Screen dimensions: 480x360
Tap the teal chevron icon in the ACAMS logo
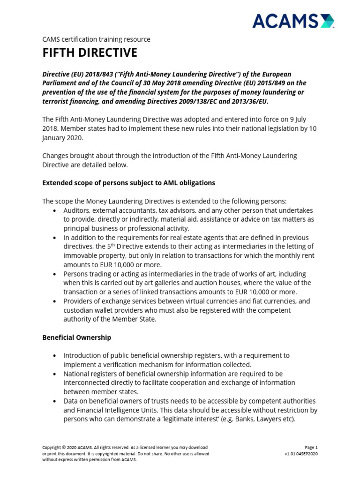point(328,21)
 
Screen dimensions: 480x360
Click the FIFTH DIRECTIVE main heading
point(90,53)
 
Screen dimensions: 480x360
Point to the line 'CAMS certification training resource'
point(96,39)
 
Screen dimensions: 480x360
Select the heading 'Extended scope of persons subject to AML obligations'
point(129,183)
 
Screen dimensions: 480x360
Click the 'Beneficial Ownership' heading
point(77,337)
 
